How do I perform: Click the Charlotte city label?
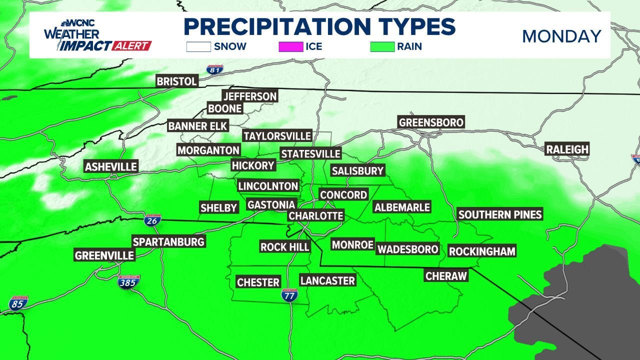pyautogui.click(x=316, y=216)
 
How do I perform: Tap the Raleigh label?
pyautogui.click(x=567, y=149)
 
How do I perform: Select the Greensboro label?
pyautogui.click(x=431, y=122)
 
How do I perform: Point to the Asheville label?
pyautogui.click(x=111, y=166)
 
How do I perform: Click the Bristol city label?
pyautogui.click(x=177, y=81)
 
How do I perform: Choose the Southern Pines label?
pyautogui.click(x=500, y=214)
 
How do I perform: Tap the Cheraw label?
pyautogui.click(x=446, y=275)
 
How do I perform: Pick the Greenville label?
pyautogui.click(x=104, y=255)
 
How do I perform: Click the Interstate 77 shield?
pyautogui.click(x=289, y=294)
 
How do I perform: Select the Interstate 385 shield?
pyautogui.click(x=129, y=282)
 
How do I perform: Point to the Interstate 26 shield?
pyautogui.click(x=152, y=220)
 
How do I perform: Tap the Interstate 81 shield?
pyautogui.click(x=214, y=70)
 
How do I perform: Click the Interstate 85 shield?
pyautogui.click(x=18, y=303)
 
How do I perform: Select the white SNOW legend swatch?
pyautogui.click(x=198, y=46)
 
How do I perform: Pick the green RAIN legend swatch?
pyautogui.click(x=382, y=46)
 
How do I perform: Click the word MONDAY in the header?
pyautogui.click(x=561, y=36)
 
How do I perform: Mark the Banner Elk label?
pyautogui.click(x=197, y=126)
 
